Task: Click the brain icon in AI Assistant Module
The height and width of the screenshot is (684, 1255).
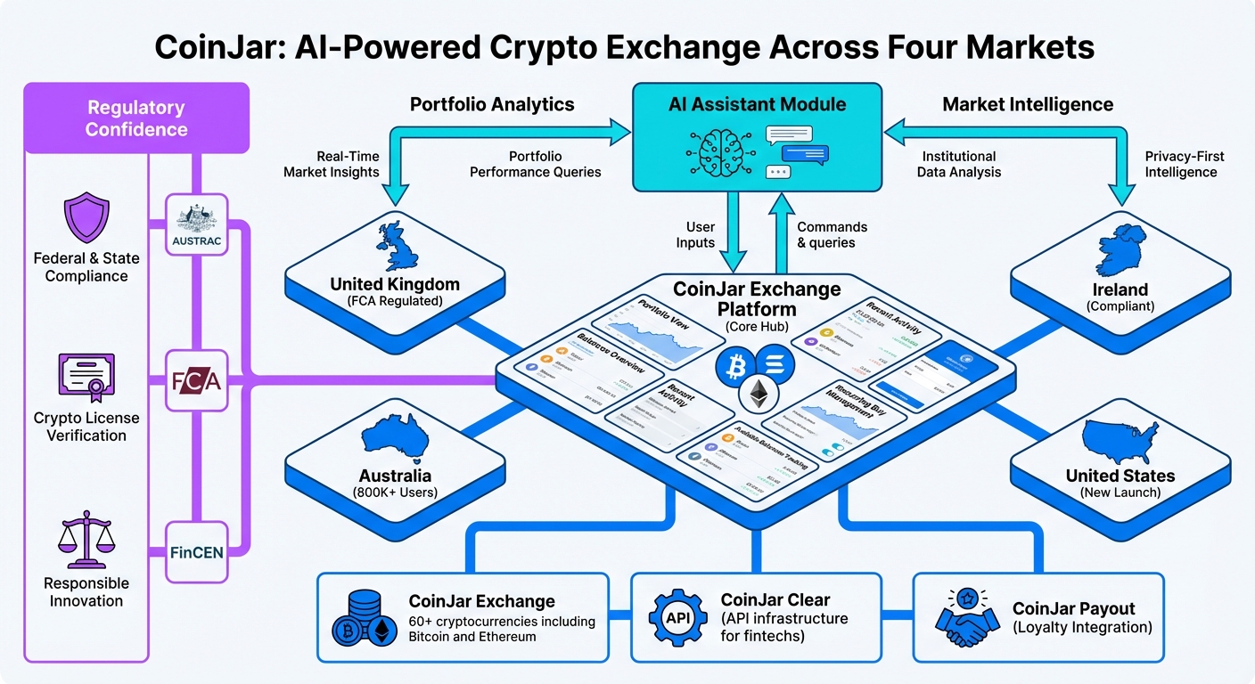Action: (x=719, y=151)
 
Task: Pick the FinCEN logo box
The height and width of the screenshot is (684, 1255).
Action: (x=197, y=552)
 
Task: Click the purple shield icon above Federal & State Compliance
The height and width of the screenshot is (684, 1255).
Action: (x=86, y=220)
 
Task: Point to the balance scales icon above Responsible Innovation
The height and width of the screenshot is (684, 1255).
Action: (x=86, y=541)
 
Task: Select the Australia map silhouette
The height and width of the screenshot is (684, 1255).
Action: (x=395, y=441)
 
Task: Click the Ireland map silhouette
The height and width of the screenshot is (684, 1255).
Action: (x=1120, y=250)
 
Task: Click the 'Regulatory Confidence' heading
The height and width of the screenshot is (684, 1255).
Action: (x=136, y=118)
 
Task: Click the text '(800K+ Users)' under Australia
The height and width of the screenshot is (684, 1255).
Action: (x=395, y=493)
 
